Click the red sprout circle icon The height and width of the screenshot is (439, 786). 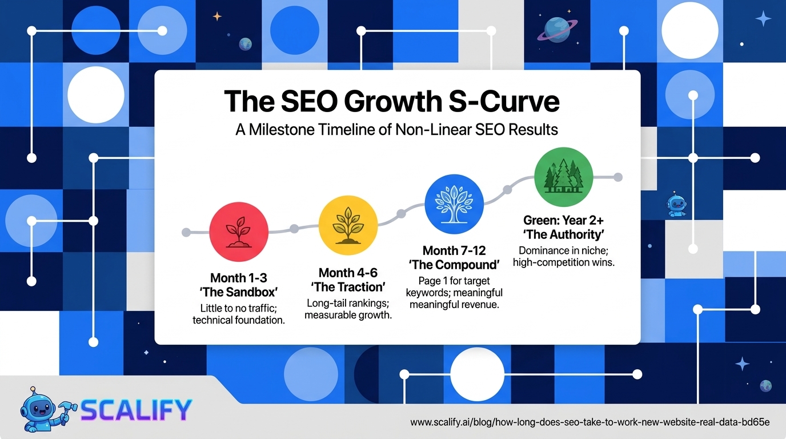(239, 232)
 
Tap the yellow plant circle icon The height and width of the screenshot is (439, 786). (348, 225)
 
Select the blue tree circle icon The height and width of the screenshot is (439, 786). (454, 204)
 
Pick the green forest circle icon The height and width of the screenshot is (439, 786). (564, 177)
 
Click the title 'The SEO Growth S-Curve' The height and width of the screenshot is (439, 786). (392, 101)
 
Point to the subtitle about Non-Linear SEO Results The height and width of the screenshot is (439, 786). (396, 130)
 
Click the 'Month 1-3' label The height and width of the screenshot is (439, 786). (239, 278)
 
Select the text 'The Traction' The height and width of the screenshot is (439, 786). (348, 287)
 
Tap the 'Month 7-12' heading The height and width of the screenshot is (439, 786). (454, 250)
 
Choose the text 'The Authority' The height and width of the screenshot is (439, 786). (564, 234)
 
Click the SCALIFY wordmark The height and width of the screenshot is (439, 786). (136, 410)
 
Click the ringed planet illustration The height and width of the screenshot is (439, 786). (557, 30)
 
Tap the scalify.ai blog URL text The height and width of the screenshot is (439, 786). (590, 422)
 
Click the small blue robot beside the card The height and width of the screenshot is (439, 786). (676, 205)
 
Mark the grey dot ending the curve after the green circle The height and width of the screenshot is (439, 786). (618, 177)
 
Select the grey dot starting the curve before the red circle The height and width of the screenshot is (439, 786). (186, 232)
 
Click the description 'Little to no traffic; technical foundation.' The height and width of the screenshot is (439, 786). (239, 314)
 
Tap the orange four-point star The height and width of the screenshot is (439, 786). (217, 16)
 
